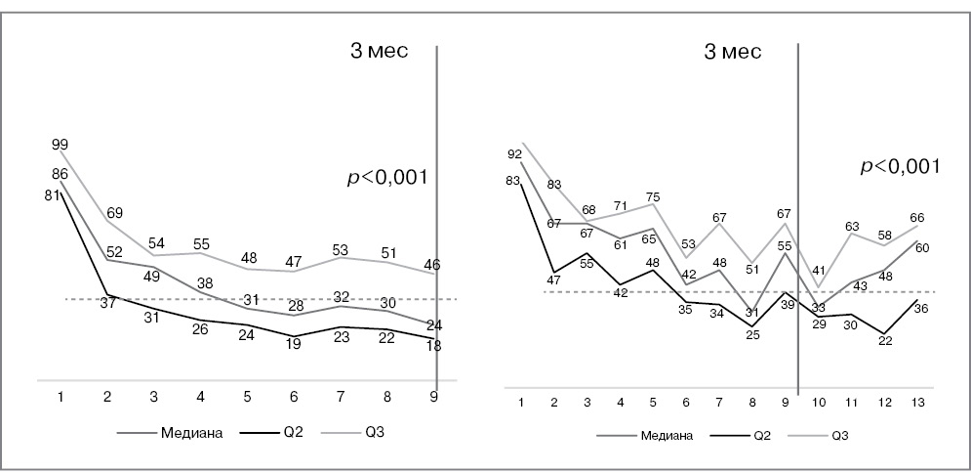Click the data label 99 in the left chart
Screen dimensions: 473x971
point(61,145)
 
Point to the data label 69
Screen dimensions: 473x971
point(115,212)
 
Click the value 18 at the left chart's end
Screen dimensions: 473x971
point(434,345)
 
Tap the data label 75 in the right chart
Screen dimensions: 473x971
point(652,196)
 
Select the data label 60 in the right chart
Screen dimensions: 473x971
point(922,248)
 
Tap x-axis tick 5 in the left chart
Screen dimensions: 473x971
point(247,397)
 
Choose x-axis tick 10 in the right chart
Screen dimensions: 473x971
point(819,403)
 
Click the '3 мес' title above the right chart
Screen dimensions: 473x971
point(733,52)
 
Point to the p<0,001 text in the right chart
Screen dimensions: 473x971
point(900,166)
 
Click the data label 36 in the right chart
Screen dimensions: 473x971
point(921,309)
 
